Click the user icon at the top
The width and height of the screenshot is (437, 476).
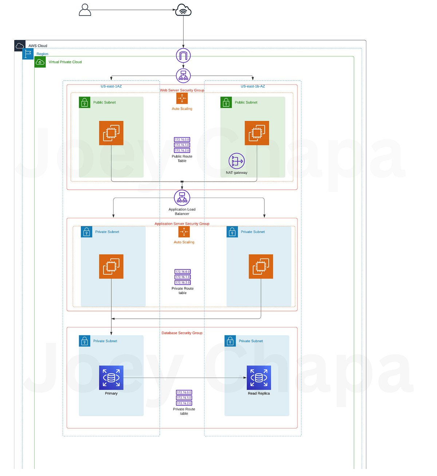click(x=85, y=10)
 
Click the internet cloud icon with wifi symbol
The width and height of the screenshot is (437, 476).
click(x=183, y=10)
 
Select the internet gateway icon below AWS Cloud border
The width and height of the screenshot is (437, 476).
click(x=183, y=56)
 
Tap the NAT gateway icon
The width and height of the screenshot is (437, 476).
click(x=237, y=161)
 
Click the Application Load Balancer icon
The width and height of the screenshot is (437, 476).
click(x=182, y=198)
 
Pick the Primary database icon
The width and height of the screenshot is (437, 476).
click(x=111, y=378)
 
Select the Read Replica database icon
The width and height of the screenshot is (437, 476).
click(x=259, y=378)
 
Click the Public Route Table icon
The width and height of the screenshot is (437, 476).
click(x=182, y=145)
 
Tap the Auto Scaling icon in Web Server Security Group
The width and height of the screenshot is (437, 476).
click(x=182, y=98)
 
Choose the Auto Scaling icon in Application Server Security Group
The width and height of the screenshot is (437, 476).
click(x=184, y=232)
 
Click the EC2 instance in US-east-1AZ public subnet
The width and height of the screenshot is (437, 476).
click(x=111, y=133)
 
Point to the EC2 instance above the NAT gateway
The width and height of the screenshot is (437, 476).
click(x=257, y=133)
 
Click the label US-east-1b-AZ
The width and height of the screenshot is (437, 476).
click(x=253, y=86)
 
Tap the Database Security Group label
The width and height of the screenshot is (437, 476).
click(x=182, y=333)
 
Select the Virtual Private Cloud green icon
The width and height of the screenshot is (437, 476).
click(x=40, y=62)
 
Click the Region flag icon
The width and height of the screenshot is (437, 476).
click(x=28, y=54)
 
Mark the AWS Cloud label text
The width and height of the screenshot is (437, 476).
click(x=38, y=46)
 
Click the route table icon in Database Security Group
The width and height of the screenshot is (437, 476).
click(x=184, y=398)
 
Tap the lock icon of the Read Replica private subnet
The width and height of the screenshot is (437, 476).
click(x=230, y=341)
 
